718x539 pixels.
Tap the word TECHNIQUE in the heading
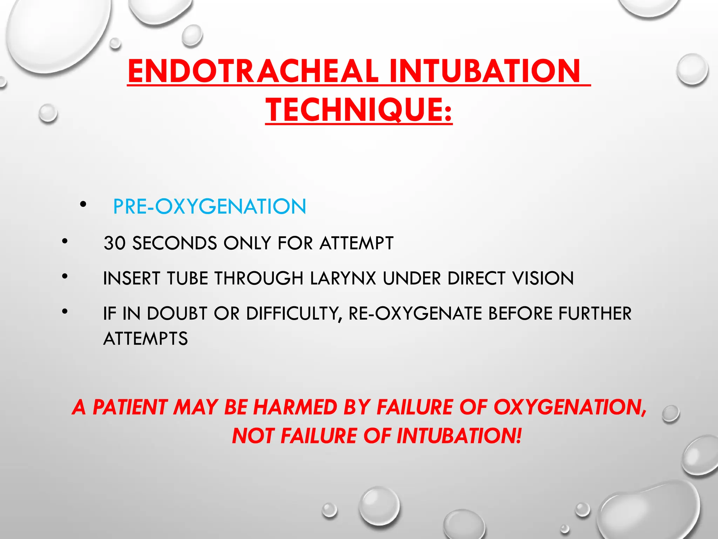click(354, 110)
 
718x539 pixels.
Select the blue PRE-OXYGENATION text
click(209, 206)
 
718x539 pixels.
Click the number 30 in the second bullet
click(114, 243)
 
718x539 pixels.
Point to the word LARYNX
click(343, 278)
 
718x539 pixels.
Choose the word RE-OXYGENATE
click(415, 313)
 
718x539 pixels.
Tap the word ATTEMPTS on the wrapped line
click(145, 339)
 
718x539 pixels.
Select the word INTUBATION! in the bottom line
click(459, 436)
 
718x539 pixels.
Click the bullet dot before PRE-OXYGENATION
click(83, 204)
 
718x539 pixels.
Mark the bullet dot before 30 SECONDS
click(65, 241)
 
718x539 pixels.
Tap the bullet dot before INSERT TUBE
click(65, 276)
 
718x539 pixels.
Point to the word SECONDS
click(175, 243)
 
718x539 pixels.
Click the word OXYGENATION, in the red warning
click(570, 407)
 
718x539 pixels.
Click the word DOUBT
click(177, 313)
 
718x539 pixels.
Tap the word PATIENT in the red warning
click(130, 407)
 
